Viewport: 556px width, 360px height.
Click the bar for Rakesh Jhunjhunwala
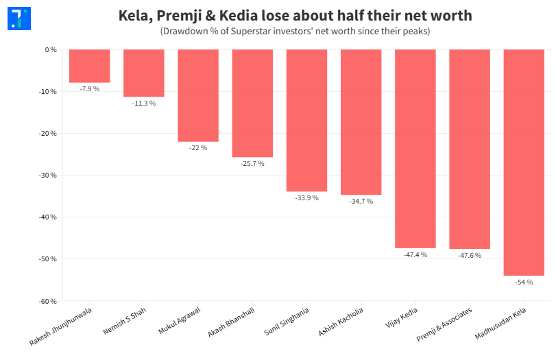tap(89, 66)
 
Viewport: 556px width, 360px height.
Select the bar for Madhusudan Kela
tap(524, 163)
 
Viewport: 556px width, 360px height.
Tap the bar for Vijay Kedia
tap(415, 149)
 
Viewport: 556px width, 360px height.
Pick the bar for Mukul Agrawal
tap(198, 95)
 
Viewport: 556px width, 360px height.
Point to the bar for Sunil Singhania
tap(306, 121)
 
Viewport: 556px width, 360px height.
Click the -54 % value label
tap(524, 282)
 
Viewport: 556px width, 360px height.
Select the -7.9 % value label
tap(89, 89)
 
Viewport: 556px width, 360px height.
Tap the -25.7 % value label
tap(252, 164)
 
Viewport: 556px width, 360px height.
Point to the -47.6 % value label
tap(470, 255)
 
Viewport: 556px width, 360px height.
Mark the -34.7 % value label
tap(361, 202)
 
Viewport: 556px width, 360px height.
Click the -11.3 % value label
tap(144, 104)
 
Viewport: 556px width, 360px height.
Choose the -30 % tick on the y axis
tap(47, 176)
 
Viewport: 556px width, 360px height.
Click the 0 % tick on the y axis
tap(50, 50)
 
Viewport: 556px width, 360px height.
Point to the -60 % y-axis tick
tap(47, 301)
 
